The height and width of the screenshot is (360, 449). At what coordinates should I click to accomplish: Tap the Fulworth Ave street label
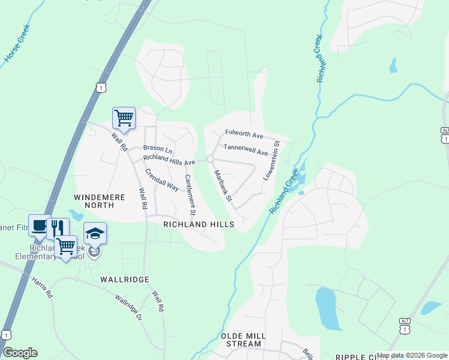coord(244,133)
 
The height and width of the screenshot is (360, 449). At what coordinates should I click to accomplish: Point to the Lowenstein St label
coord(271,161)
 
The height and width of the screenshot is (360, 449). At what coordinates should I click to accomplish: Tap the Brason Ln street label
coord(157,148)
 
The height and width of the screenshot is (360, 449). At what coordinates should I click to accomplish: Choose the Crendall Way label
coord(162,179)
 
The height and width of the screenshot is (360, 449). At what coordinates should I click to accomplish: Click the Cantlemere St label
coord(190,194)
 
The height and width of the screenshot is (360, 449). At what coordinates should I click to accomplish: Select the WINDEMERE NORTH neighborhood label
coord(94,200)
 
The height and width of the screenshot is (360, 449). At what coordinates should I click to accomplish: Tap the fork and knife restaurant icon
coord(58,228)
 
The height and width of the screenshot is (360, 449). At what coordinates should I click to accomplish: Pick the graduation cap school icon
coord(95,232)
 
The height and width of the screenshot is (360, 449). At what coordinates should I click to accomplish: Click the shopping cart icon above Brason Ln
coord(124,118)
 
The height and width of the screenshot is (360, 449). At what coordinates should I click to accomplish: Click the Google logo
coord(20,353)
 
